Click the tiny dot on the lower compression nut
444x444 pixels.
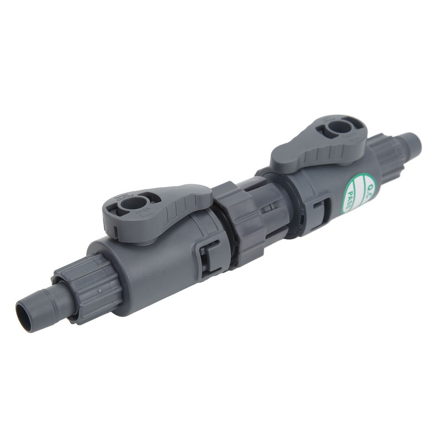point(98,289)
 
